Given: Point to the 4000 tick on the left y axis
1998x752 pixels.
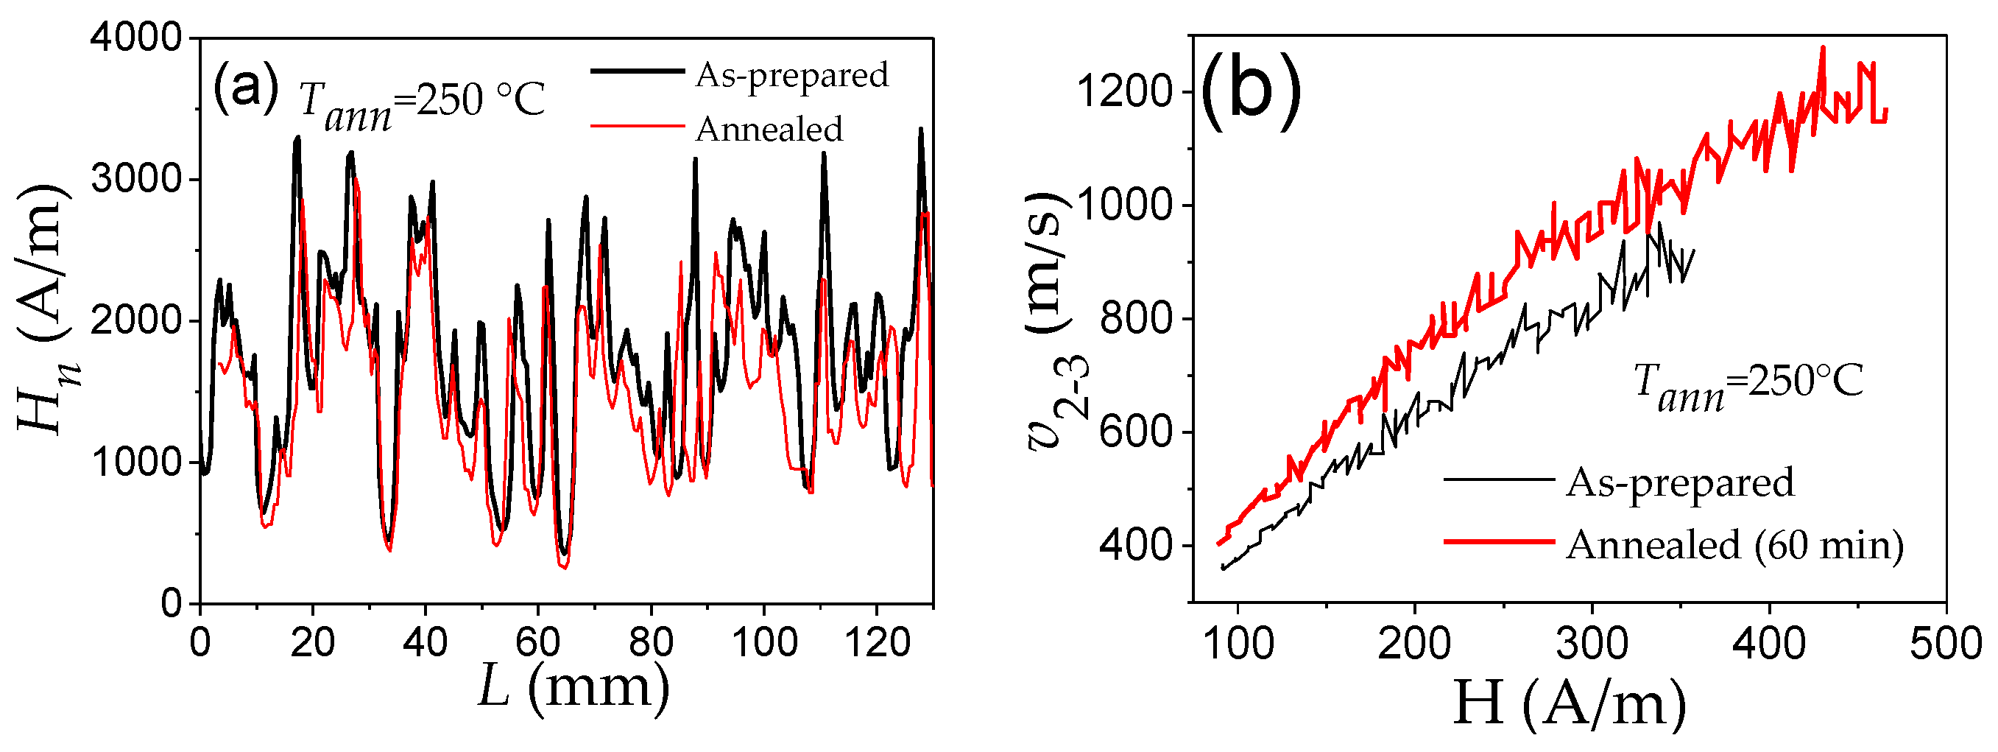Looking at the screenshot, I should tap(135, 38).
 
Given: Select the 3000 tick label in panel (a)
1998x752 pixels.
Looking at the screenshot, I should tap(135, 179).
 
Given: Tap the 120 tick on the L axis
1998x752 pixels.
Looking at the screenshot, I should tap(877, 642).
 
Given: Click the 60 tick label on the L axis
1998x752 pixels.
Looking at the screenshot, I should tap(537, 642).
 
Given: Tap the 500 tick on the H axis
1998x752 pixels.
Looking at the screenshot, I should tap(1945, 644).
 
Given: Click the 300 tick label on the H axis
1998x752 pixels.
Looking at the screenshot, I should tap(1592, 644).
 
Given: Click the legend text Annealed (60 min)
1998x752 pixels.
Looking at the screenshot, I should tap(1734, 544).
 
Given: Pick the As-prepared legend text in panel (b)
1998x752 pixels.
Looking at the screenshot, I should tap(1680, 482).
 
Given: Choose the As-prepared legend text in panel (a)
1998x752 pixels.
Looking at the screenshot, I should tap(792, 75).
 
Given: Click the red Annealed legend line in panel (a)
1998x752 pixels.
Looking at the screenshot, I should tap(637, 125).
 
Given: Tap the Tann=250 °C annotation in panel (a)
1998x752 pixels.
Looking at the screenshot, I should tap(422, 105).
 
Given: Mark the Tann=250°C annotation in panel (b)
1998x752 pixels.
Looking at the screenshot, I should tap(1748, 384).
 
